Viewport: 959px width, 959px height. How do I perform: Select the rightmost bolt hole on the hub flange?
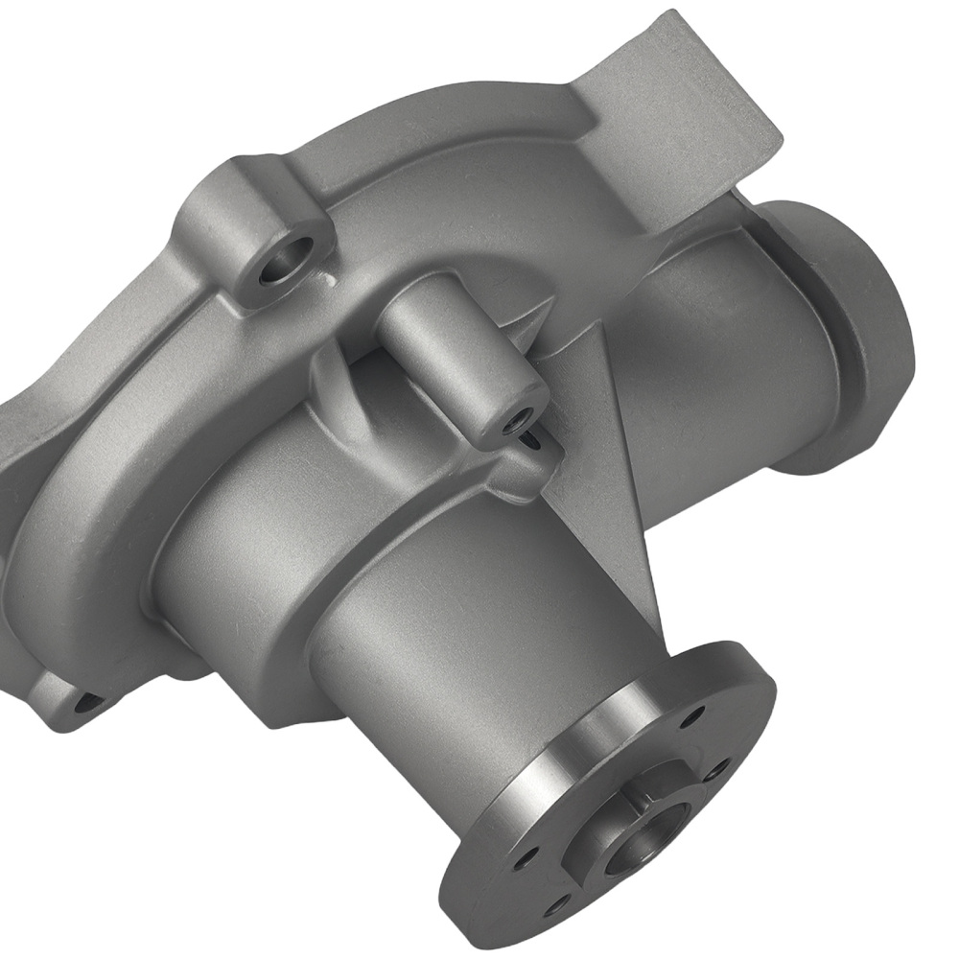718,768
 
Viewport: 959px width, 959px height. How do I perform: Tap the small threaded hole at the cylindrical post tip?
521,417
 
